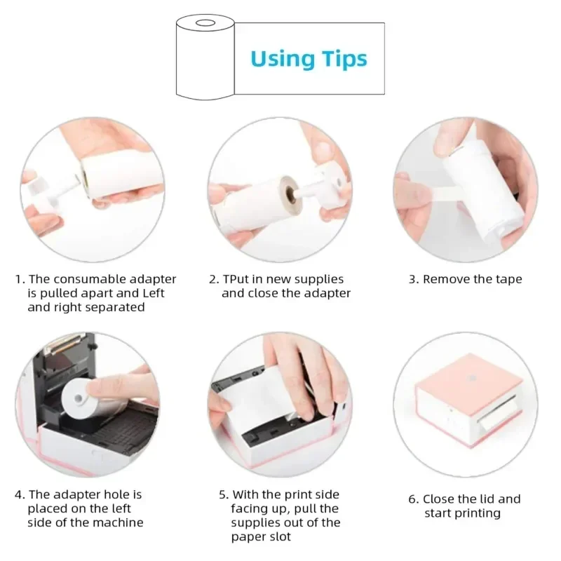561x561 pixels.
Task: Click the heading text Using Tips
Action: pyautogui.click(x=309, y=58)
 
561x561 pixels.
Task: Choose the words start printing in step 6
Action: pyautogui.click(x=462, y=513)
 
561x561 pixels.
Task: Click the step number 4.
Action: pyautogui.click(x=19, y=494)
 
